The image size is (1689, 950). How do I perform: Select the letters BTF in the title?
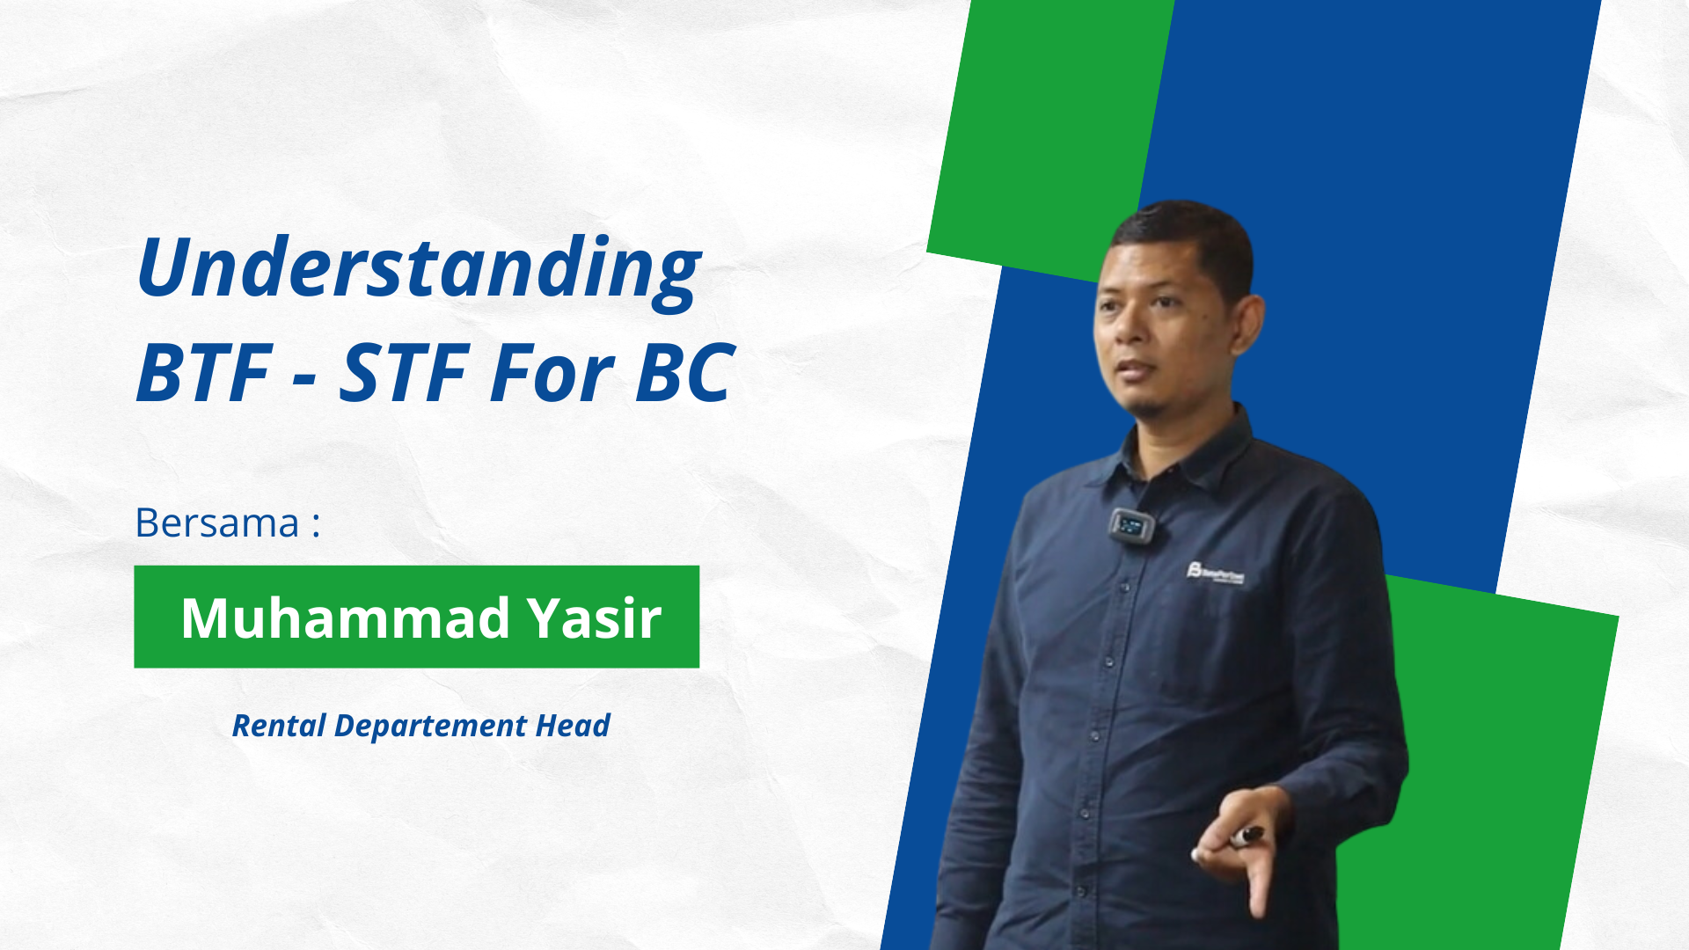pos(203,373)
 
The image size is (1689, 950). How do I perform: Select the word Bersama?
pos(217,522)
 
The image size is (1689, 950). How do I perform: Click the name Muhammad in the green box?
pos(346,617)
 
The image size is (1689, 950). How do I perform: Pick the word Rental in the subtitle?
pos(279,726)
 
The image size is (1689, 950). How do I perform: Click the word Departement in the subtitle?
pos(431,727)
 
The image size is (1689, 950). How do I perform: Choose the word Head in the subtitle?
pos(573,726)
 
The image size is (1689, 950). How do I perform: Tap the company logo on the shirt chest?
pos(1215,573)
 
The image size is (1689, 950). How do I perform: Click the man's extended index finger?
pos(1256,880)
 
